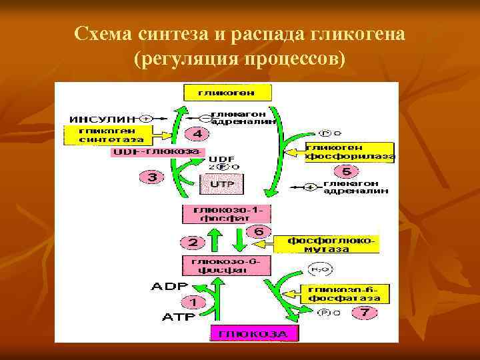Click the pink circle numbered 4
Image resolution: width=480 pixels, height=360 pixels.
(x=196, y=134)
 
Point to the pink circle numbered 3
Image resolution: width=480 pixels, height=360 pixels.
(x=152, y=177)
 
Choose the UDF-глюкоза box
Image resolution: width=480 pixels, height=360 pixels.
(x=158, y=152)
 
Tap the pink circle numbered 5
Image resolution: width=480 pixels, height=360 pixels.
(x=345, y=171)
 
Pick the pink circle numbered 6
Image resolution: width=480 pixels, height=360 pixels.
(x=259, y=231)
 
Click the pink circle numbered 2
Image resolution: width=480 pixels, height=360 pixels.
(x=192, y=242)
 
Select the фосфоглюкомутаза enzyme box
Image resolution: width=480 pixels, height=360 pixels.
(x=332, y=244)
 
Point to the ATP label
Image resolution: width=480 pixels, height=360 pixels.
(x=179, y=317)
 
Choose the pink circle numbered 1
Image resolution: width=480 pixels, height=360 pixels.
(x=197, y=301)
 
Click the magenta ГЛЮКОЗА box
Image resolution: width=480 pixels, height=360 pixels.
(x=255, y=333)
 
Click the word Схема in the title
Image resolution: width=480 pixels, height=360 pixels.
(x=106, y=33)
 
